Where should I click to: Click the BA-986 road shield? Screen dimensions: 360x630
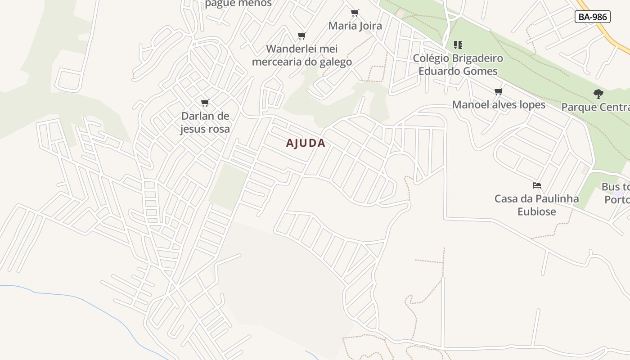(593, 17)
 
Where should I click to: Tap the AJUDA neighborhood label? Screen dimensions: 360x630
(306, 143)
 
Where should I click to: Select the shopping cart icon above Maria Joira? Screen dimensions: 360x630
(355, 13)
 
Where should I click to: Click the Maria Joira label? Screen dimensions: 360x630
(355, 26)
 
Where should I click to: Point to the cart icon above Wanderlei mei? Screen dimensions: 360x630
(301, 36)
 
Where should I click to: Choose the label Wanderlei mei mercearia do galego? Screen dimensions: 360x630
(302, 55)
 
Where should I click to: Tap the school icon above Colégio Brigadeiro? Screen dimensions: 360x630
(458, 45)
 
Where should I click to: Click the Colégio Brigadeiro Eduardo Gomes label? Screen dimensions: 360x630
(458, 64)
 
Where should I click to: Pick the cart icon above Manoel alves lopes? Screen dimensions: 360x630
(498, 92)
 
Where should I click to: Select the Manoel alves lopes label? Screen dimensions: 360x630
(499, 105)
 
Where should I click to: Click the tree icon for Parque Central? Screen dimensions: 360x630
(598, 94)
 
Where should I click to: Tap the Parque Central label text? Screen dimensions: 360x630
(595, 107)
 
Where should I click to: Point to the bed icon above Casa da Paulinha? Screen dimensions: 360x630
(536, 185)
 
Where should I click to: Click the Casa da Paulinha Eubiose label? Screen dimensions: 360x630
(536, 205)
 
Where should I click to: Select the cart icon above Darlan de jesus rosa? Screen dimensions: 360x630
(205, 103)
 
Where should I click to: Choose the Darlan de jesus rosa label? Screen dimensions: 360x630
(205, 122)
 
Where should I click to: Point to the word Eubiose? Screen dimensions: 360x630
(536, 211)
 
